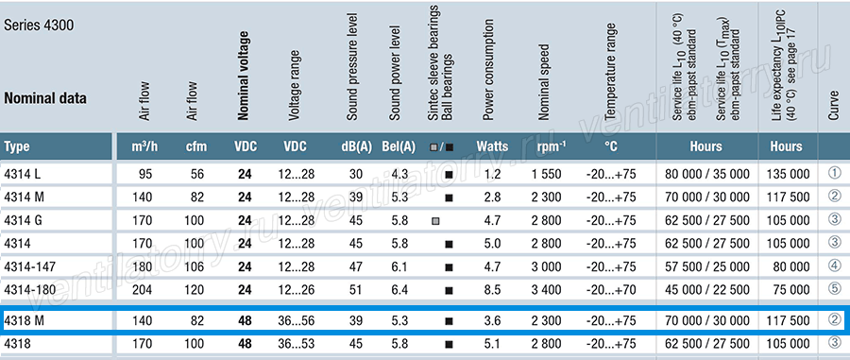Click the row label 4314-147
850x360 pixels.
tap(30, 266)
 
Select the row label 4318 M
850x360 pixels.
tap(24, 321)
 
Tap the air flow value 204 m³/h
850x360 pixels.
tap(142, 289)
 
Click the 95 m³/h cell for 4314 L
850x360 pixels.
tap(145, 175)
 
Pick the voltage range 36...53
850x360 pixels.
tap(295, 344)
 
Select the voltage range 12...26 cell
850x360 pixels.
tap(295, 289)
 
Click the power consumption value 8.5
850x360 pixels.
tap(493, 289)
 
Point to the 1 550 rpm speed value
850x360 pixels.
tap(546, 175)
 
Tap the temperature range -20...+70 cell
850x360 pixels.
tap(611, 289)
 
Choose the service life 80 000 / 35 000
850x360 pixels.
tap(705, 175)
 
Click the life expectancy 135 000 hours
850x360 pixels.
tap(789, 175)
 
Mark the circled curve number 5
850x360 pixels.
tap(835, 288)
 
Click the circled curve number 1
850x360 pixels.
tap(835, 173)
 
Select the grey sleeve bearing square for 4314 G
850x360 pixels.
tap(435, 221)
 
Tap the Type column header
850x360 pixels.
tap(17, 146)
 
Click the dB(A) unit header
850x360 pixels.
tap(356, 146)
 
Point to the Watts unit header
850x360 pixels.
tap(492, 146)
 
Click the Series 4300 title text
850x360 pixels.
tap(39, 26)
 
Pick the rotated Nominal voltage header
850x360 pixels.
tap(244, 76)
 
